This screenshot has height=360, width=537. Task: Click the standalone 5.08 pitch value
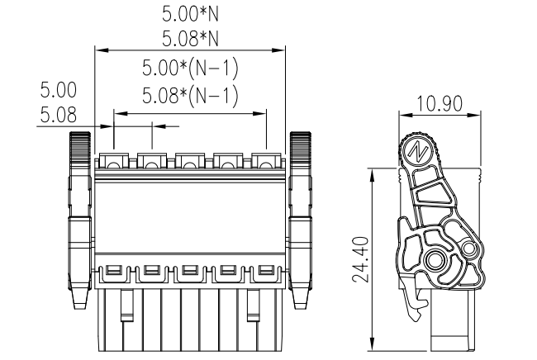(x=59, y=115)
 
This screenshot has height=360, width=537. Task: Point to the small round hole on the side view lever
(x=469, y=247)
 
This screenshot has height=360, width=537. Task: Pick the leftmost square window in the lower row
(x=113, y=270)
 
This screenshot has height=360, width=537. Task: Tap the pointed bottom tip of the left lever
(x=80, y=304)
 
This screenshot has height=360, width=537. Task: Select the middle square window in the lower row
(x=189, y=270)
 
